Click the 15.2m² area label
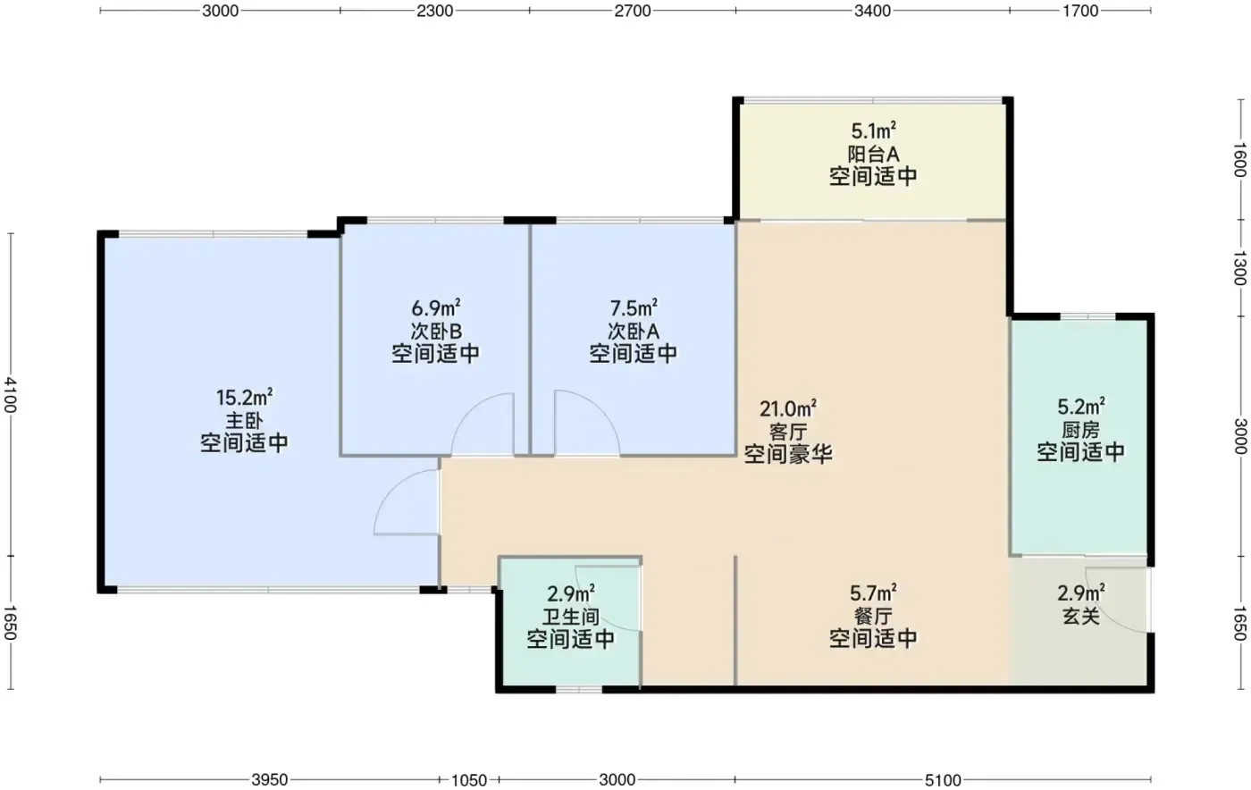pos(244,398)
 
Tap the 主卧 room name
pos(244,420)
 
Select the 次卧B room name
pos(436,332)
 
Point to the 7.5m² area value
pos(634,307)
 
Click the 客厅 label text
pos(788,432)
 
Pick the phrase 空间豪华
pos(788,454)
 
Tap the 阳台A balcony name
pos(874,154)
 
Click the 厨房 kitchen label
pos(1080,430)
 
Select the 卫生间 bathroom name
pos(571,617)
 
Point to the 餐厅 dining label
pos(873,617)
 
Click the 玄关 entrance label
pos(1080,617)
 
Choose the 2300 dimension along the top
pos(435,11)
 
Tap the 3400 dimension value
pos(872,11)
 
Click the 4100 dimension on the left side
pos(11,395)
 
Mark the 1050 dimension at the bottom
pos(469,780)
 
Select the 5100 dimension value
pos(944,780)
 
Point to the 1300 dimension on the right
pos(1239,268)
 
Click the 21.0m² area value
pos(788,409)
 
